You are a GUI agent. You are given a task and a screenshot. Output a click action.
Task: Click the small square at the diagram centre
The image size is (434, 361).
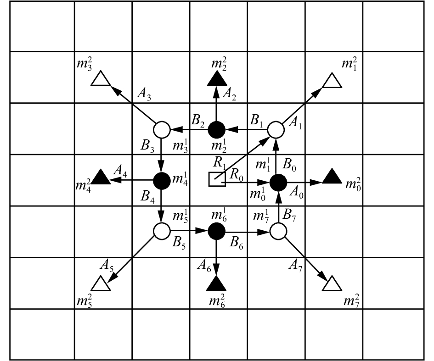pos(216,179)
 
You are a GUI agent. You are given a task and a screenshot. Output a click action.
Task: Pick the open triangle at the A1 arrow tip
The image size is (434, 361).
pos(332,80)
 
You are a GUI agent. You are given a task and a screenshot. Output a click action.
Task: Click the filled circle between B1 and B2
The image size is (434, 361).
pos(216,130)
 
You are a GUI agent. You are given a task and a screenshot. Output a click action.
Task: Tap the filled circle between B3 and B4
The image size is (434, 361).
pos(161,181)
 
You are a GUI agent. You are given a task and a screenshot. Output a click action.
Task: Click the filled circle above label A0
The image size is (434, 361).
pos(278,182)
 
